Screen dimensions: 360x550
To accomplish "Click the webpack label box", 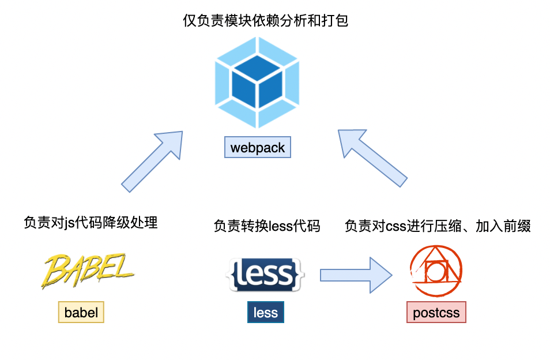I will pos(258,148).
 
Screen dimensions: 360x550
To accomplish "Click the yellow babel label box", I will pos(81,313).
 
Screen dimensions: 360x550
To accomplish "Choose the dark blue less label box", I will pos(266,313).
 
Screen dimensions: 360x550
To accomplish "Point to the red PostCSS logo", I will pos(436,269).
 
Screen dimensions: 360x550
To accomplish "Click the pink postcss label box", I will pos(436,313).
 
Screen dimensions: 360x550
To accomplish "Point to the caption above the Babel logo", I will pos(91,223).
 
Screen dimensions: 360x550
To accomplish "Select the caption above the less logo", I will pos(266,226).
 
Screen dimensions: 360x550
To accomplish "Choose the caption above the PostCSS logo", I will pos(438,226).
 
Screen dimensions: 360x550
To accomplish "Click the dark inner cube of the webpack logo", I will pos(257,86).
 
